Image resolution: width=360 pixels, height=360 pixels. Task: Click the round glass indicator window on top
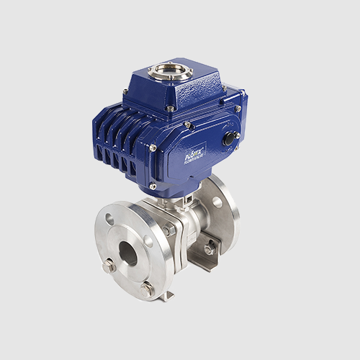170,71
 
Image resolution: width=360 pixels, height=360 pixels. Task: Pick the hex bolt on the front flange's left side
109,266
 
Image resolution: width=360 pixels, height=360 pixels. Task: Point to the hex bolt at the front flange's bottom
148,288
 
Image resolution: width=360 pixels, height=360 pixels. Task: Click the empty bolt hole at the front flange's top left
109,219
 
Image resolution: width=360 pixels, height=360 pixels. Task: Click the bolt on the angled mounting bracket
209,249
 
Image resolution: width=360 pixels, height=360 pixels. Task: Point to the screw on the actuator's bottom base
153,186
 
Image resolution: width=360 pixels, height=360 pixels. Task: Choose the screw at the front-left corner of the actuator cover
153,147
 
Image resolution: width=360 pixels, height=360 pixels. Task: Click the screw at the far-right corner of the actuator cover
238,109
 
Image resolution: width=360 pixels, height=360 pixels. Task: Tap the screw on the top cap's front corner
170,108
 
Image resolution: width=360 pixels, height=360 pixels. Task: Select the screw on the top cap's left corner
125,91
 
